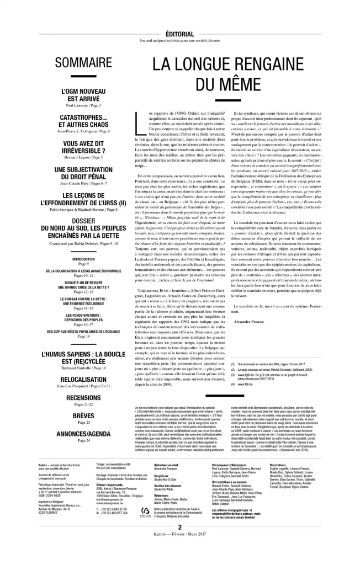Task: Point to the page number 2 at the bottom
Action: [179, 542]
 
